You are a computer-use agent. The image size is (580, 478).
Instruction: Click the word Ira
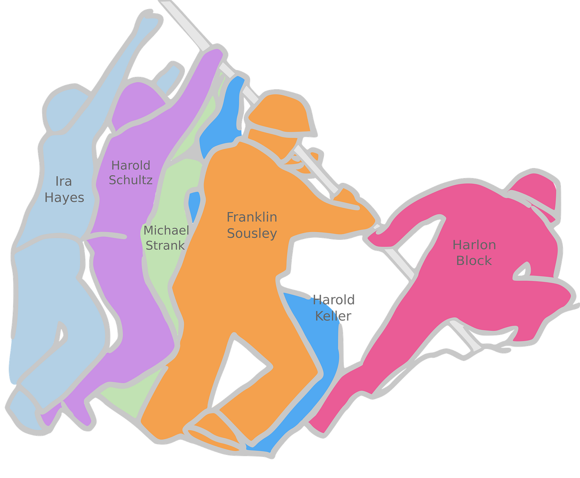(x=64, y=181)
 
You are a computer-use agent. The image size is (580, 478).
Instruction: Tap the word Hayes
(x=64, y=198)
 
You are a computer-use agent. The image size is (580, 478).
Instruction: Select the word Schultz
(x=131, y=180)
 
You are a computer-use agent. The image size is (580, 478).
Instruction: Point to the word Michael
(x=166, y=230)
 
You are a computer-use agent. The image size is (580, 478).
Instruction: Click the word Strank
(x=165, y=245)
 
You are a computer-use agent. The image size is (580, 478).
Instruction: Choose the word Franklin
(x=252, y=217)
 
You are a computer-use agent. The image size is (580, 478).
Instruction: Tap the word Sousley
(x=252, y=233)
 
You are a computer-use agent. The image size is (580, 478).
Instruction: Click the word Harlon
(x=474, y=245)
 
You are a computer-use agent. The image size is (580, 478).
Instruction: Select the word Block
(x=474, y=261)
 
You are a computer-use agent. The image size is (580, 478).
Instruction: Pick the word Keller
(x=333, y=316)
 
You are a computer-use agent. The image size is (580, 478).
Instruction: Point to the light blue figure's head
(x=64, y=108)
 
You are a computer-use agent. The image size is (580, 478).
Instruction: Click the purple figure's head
(x=137, y=104)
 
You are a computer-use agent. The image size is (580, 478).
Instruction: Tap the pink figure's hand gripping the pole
(x=378, y=237)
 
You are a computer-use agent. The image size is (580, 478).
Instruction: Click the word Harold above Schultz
(x=131, y=165)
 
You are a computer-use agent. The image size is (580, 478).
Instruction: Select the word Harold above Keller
(x=334, y=300)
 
